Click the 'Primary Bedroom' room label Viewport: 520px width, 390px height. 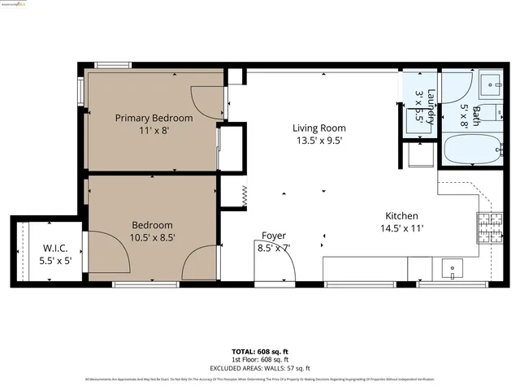154,118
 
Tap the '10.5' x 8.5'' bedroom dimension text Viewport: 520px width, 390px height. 154,237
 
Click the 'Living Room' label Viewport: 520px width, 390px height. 319,128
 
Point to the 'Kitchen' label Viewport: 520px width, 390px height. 401,215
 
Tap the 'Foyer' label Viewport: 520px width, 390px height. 273,236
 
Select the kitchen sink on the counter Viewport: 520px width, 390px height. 452,267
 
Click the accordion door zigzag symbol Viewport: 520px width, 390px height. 242,195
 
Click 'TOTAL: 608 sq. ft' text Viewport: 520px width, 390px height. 260,352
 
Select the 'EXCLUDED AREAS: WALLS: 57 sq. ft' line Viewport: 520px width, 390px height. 260,366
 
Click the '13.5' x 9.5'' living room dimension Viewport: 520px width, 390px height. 319,140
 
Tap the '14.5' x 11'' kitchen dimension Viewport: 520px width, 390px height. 401,228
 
